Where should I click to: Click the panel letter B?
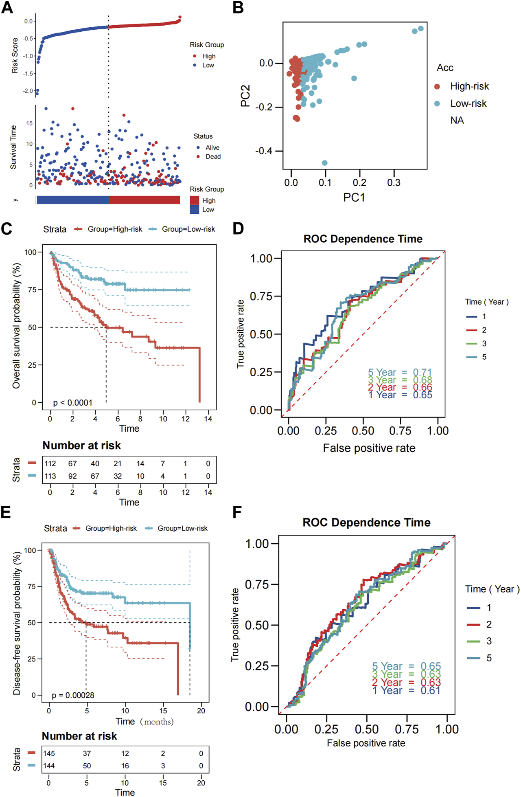point(238,8)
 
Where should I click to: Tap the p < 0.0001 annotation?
point(72,403)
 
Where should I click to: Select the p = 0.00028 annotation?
point(73,695)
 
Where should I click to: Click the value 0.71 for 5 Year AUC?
point(422,372)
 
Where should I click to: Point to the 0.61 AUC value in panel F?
point(430,690)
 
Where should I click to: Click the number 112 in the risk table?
point(50,463)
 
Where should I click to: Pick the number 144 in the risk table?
point(49,766)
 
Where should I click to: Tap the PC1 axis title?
point(354,198)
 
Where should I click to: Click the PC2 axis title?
point(245,96)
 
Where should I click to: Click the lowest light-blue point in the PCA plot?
point(324,163)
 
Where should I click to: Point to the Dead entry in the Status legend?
point(213,157)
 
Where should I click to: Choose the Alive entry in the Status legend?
point(212,148)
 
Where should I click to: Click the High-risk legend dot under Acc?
point(437,86)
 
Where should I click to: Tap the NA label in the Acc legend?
point(457,121)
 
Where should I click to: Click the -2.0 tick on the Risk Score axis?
point(28,91)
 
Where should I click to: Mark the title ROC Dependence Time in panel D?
point(363,239)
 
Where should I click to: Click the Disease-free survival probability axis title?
point(17,623)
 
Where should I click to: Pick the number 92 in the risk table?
point(72,476)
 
